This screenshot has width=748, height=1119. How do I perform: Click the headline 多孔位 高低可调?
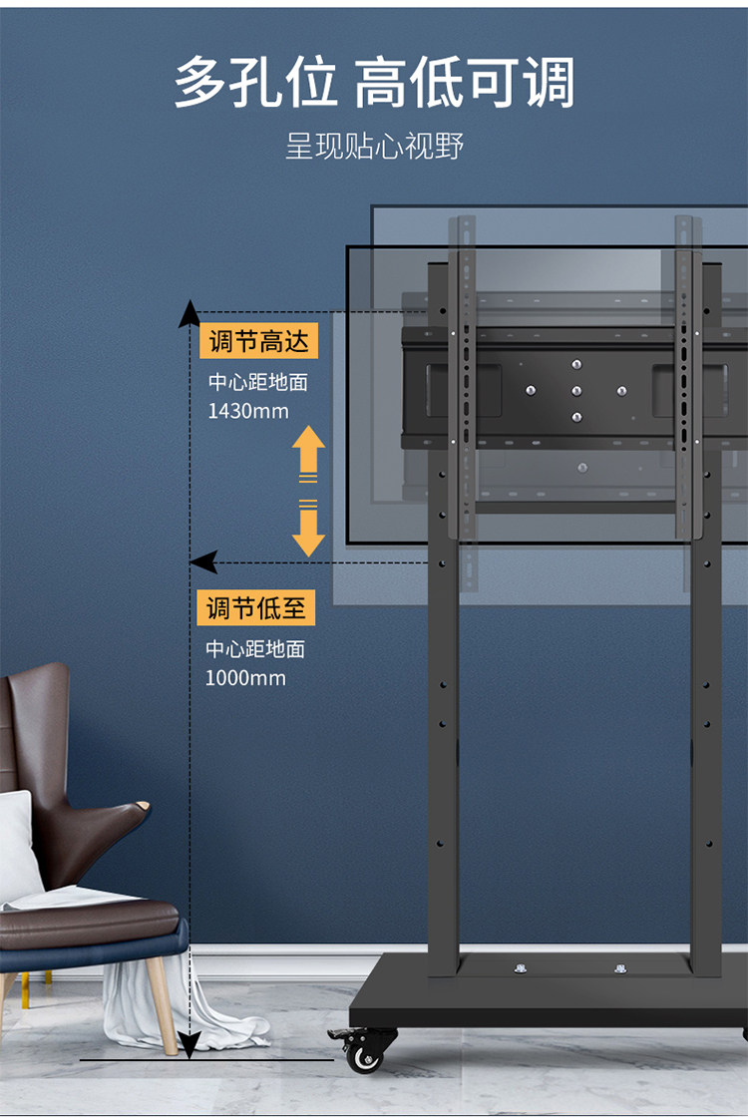tap(374, 82)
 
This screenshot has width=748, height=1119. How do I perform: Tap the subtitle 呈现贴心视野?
tap(374, 147)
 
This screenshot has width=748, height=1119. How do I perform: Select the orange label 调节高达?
tap(258, 342)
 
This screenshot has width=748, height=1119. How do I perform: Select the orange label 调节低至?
tap(256, 607)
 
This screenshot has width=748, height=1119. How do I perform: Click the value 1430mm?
tap(247, 410)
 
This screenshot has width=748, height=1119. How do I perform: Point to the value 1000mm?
tap(245, 678)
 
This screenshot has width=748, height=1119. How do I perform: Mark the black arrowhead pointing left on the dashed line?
tap(203, 562)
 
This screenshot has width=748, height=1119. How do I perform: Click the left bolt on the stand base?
tap(520, 967)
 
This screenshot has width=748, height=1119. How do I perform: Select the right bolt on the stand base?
tap(620, 967)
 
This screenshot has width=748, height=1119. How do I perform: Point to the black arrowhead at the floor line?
tap(189, 1043)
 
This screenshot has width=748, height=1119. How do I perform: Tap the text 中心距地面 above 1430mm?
tap(257, 382)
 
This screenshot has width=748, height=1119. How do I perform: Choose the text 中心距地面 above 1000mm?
tap(255, 649)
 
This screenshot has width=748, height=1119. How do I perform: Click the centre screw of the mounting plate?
tap(576, 391)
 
